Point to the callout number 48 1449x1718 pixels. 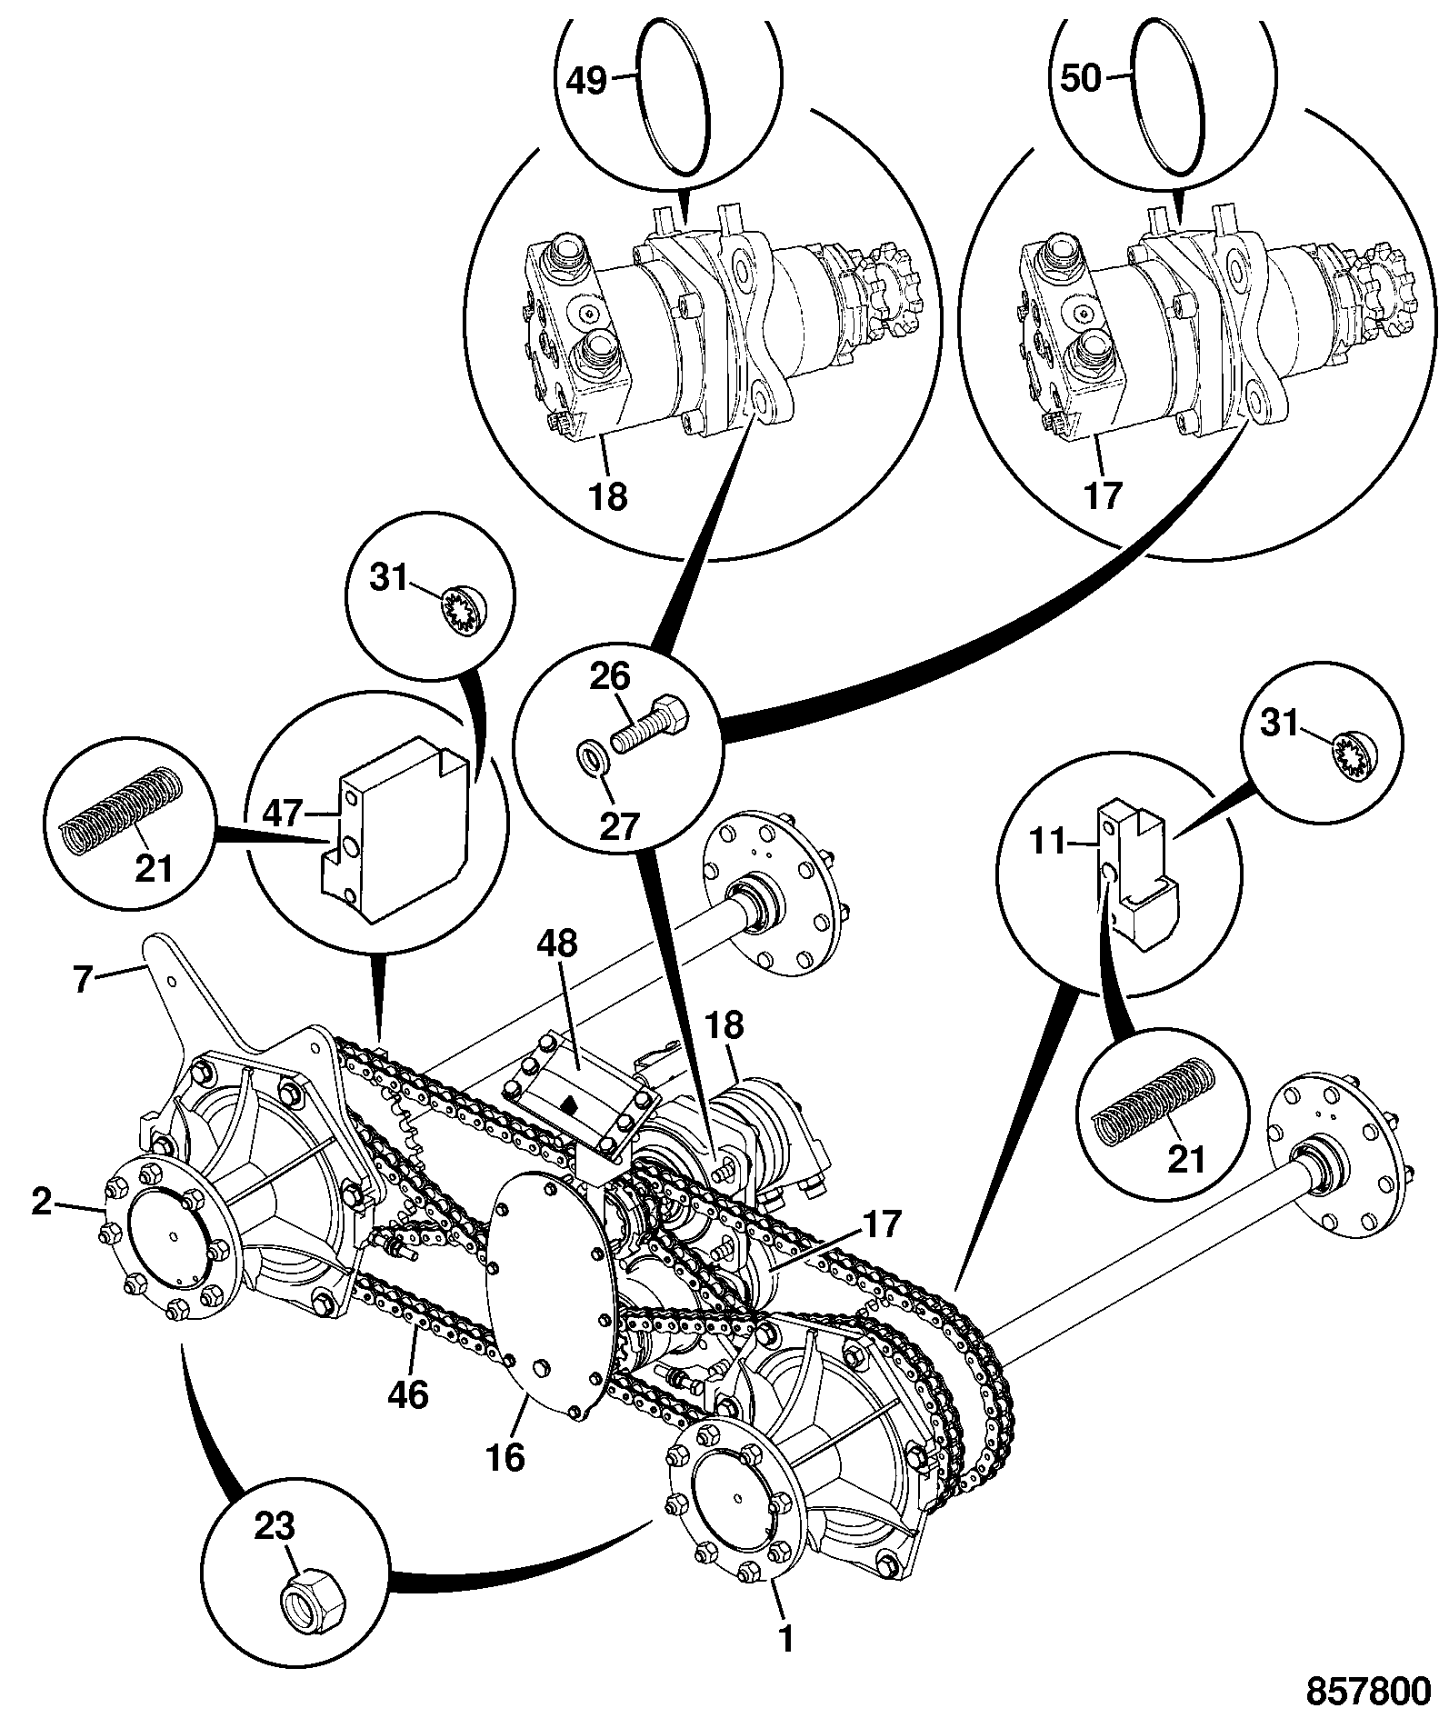tap(556, 944)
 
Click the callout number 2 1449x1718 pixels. tap(41, 1202)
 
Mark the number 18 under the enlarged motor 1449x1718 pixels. tap(606, 495)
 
